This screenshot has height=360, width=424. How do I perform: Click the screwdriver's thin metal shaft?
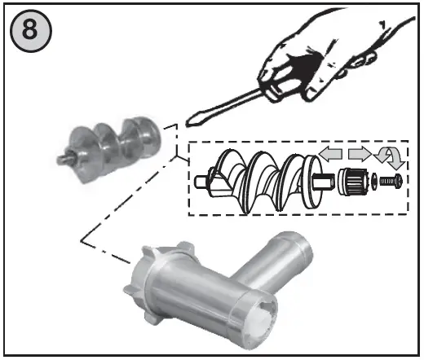click(x=228, y=104)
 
